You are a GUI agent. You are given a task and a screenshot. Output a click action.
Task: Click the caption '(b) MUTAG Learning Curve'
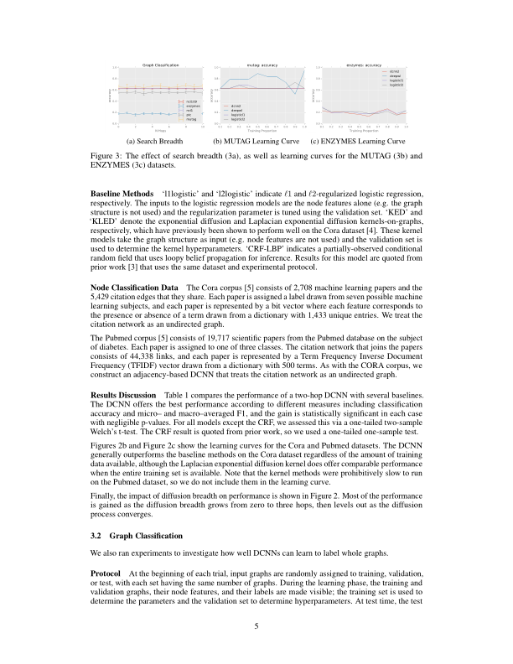tap(256, 141)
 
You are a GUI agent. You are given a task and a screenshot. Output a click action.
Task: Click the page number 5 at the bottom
tap(256, 624)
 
